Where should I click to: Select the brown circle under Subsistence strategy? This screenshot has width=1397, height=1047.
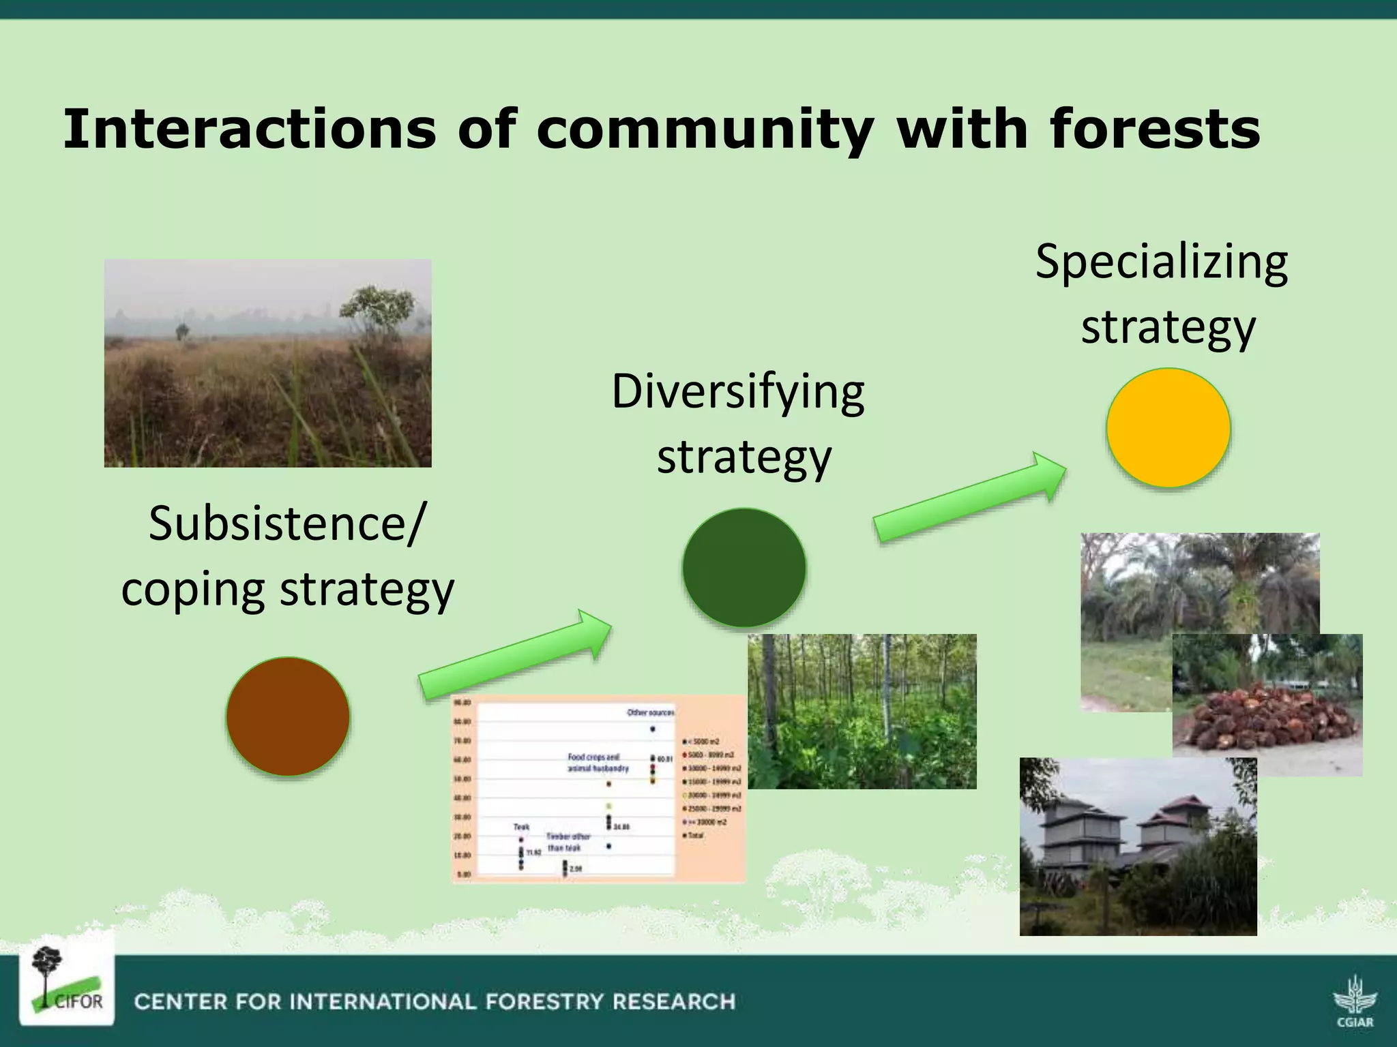[x=288, y=716]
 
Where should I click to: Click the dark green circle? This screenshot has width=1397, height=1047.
[x=744, y=567]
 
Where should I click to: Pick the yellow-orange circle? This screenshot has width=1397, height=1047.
[x=1168, y=427]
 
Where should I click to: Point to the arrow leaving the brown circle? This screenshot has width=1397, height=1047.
[x=515, y=654]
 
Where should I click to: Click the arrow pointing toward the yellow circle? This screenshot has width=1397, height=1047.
[x=969, y=497]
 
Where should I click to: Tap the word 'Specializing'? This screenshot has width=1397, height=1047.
[x=1161, y=262]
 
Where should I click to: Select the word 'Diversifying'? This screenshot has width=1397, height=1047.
[x=737, y=393]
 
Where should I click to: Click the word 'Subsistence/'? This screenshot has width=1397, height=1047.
[x=286, y=523]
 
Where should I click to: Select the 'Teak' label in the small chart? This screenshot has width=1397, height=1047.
[x=521, y=827]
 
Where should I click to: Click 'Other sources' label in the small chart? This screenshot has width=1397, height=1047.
[x=650, y=712]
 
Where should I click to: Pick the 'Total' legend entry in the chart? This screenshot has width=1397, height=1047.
[x=694, y=835]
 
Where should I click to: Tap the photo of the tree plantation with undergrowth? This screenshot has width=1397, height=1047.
[x=862, y=711]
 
